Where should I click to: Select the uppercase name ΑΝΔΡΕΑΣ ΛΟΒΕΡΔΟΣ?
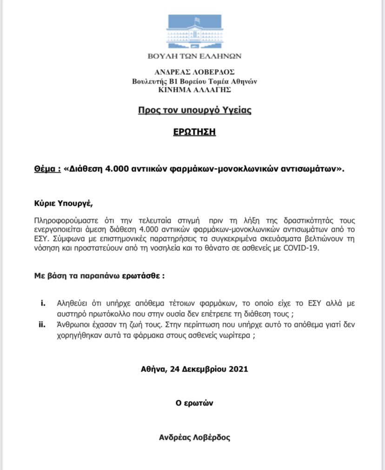(194, 72)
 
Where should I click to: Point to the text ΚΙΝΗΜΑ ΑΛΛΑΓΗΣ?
(194, 88)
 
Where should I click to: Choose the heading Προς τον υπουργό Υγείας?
(194, 111)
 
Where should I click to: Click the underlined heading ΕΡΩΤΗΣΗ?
(194, 132)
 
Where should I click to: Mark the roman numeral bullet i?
(43, 304)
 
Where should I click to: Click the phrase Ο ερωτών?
(194, 403)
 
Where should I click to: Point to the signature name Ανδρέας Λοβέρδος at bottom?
(194, 437)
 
